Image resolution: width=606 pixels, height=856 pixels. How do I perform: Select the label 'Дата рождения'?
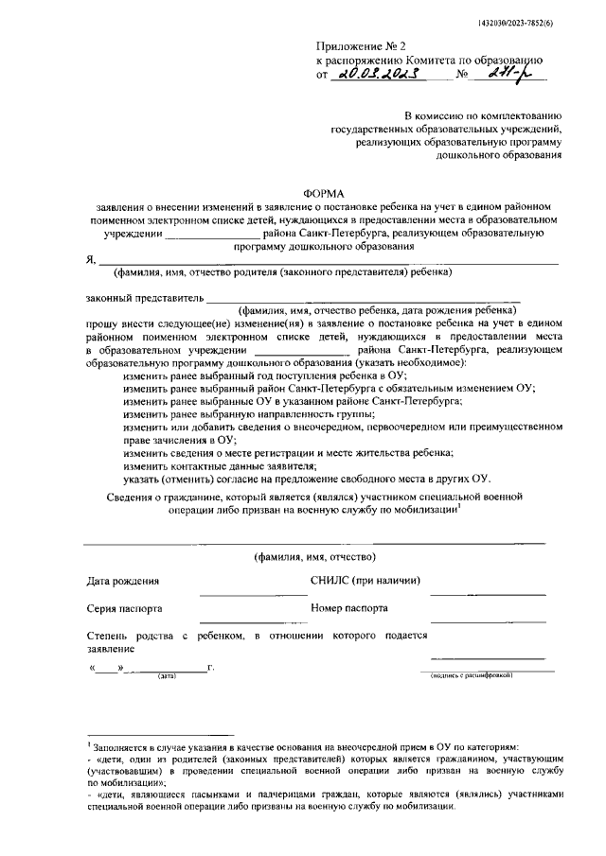coord(123,581)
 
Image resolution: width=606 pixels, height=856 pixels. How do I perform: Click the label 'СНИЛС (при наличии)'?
coord(365,581)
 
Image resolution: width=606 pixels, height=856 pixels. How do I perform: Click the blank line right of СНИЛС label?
coord(487,593)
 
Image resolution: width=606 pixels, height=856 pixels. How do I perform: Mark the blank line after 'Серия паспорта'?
coord(240,621)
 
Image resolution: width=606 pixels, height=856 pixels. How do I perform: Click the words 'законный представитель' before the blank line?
coord(138,299)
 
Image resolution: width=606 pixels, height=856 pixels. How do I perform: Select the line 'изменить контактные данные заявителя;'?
coord(219,464)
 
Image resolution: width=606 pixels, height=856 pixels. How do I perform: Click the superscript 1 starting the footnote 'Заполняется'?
coord(87,746)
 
